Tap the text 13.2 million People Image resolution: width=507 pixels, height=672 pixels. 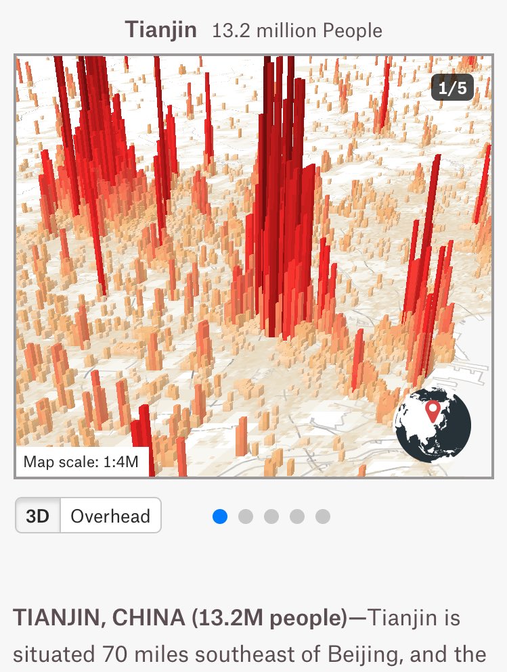pos(297,31)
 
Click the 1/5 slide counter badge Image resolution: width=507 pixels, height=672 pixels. pos(452,87)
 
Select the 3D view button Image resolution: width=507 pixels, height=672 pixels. pos(38,517)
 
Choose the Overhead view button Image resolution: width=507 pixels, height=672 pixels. pos(110,517)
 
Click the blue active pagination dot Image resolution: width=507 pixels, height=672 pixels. pos(220,517)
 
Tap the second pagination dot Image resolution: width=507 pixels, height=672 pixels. pos(246,517)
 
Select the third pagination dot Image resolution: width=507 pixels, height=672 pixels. pos(271,517)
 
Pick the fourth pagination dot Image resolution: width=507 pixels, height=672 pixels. pos(297,517)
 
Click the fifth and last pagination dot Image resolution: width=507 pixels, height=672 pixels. pos(323,517)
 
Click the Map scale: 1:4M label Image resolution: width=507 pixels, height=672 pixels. pos(81,462)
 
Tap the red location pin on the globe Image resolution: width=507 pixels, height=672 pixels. pos(432,410)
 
